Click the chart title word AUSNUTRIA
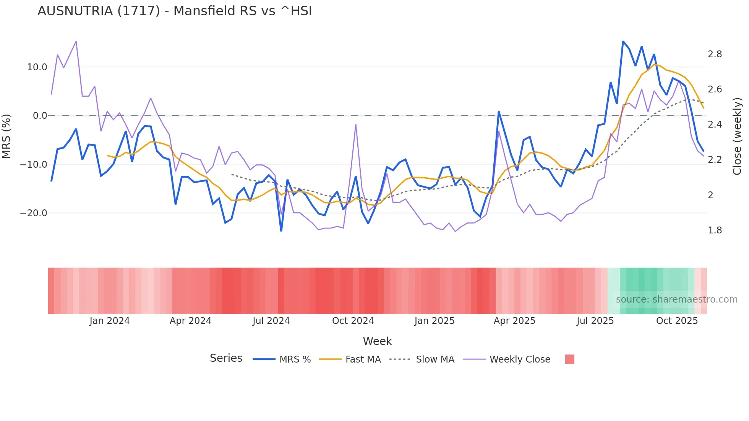pyautogui.click(x=75, y=11)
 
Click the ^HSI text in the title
pyautogui.click(x=296, y=11)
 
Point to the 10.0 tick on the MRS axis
pyautogui.click(x=37, y=67)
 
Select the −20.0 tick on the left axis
pyautogui.click(x=34, y=213)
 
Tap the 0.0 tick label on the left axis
pyautogui.click(x=40, y=116)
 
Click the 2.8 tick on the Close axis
pyautogui.click(x=715, y=54)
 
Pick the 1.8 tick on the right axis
pyautogui.click(x=715, y=230)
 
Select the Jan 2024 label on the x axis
pyautogui.click(x=110, y=321)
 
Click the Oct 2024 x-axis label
pyautogui.click(x=353, y=321)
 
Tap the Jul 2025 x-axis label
pyautogui.click(x=595, y=321)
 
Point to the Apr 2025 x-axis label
pyautogui.click(x=514, y=321)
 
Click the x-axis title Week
pyautogui.click(x=377, y=341)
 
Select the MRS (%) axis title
pyautogui.click(x=6, y=136)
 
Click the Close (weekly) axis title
pyautogui.click(x=737, y=136)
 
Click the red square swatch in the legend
pyautogui.click(x=569, y=359)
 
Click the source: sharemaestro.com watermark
pyautogui.click(x=676, y=300)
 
